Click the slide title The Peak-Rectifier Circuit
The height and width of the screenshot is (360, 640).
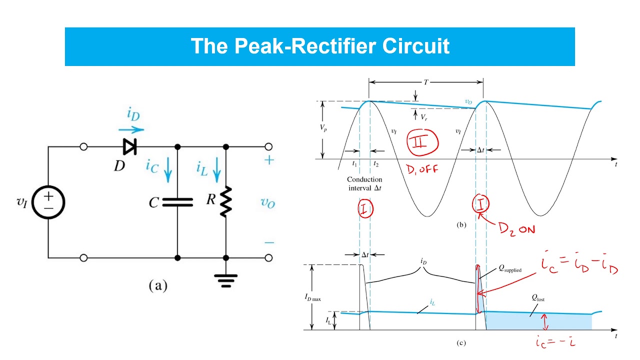coord(320,46)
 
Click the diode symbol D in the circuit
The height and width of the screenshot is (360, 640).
coord(129,147)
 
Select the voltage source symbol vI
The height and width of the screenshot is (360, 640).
coord(48,202)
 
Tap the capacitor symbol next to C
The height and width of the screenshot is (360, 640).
coord(177,202)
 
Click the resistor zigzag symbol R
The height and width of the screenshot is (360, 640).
coord(226,201)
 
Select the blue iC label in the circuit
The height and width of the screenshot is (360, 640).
coord(152,166)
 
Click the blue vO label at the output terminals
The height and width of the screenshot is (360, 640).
coord(268,202)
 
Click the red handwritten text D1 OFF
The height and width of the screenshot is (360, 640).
coord(422,169)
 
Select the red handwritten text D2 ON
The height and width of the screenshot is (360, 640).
coord(516,228)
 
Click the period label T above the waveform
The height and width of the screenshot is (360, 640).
coord(425,82)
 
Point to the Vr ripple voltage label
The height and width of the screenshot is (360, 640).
coord(423,117)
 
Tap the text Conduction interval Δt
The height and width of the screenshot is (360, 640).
coord(364,183)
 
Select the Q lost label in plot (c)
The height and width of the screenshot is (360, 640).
coord(537,299)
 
